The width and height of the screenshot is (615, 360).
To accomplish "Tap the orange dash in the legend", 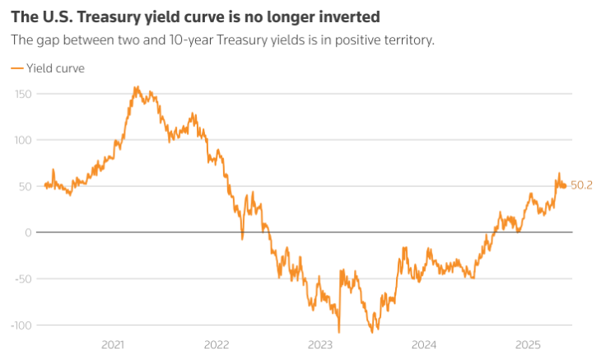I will pos(16,68).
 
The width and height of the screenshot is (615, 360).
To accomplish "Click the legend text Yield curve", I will pos(55,68).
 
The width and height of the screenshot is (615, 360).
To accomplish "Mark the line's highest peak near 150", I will pos(135,87).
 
